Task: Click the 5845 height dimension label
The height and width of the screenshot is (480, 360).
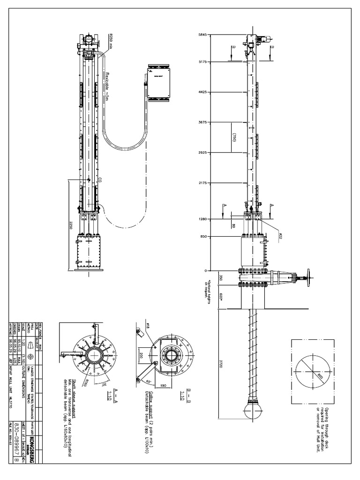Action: pyautogui.click(x=202, y=35)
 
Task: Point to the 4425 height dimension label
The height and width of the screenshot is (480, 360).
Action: pyautogui.click(x=202, y=92)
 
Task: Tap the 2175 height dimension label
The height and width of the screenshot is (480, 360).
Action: pyautogui.click(x=202, y=183)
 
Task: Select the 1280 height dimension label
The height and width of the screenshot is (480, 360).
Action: pyautogui.click(x=202, y=219)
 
